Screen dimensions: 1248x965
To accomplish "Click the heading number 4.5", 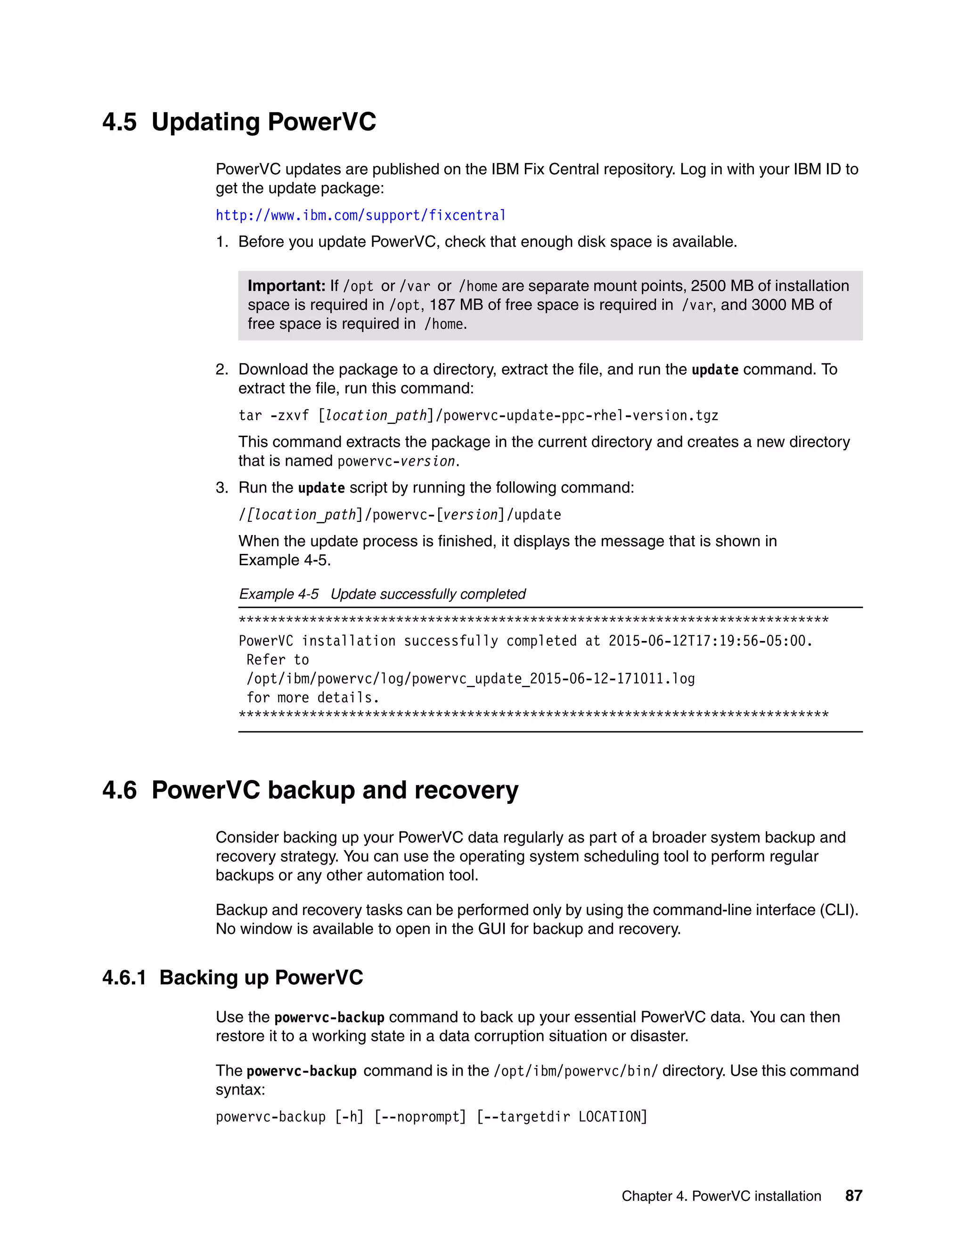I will (120, 122).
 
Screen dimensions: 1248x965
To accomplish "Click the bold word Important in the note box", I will (286, 286).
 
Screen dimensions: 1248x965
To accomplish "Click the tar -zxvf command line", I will (478, 415).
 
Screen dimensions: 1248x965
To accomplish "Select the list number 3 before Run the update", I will (221, 487).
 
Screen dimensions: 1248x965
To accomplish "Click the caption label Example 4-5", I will (278, 594).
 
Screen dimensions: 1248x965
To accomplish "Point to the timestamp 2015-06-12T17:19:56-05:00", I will (709, 640).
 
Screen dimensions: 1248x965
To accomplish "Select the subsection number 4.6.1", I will (124, 977).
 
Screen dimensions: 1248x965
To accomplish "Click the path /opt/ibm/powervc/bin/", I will (575, 1071).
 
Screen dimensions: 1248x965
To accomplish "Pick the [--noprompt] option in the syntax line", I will (420, 1117).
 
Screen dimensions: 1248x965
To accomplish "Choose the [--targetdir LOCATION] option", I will (561, 1117).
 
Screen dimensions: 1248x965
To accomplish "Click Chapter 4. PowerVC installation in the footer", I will (721, 1196).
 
